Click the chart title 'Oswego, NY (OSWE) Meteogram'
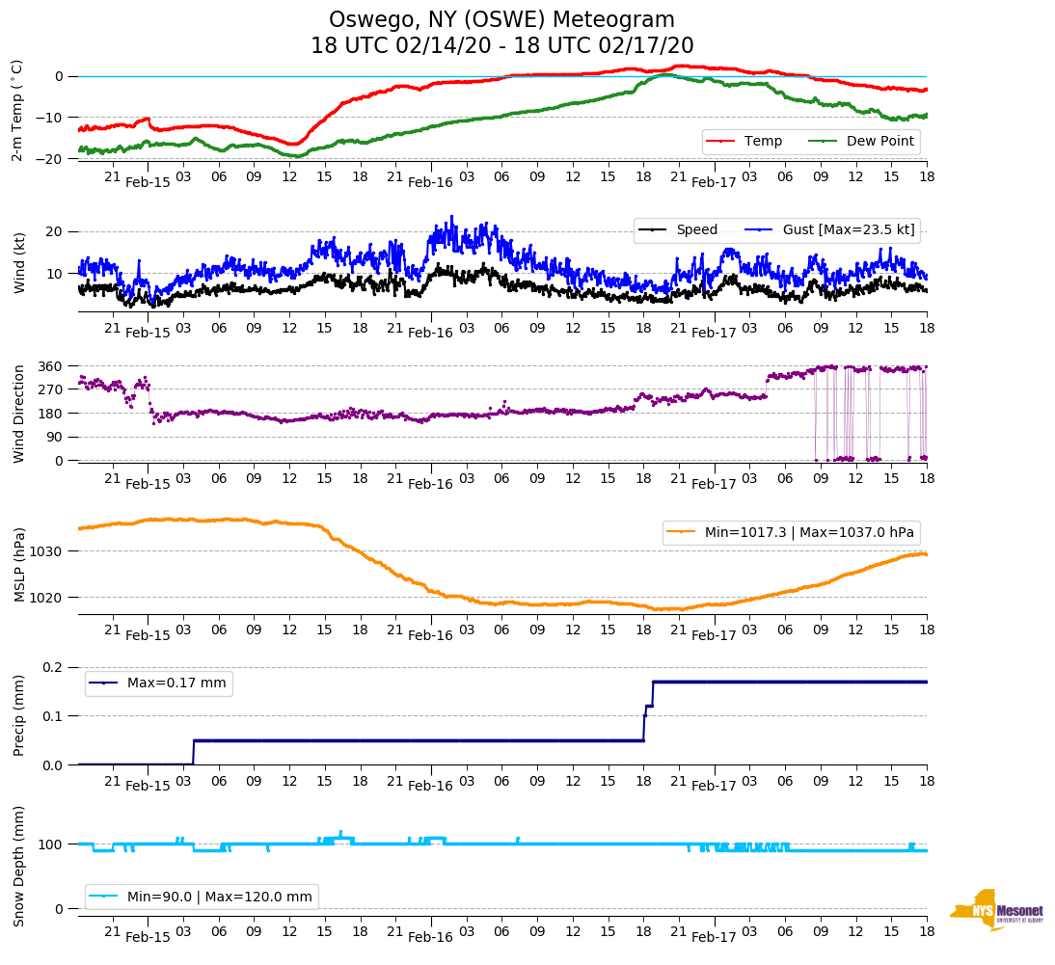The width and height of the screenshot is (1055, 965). tap(501, 20)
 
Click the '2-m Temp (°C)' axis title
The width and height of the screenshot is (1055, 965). tap(17, 110)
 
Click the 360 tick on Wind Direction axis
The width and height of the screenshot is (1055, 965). tap(51, 366)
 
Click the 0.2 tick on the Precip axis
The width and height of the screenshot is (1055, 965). tap(53, 667)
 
